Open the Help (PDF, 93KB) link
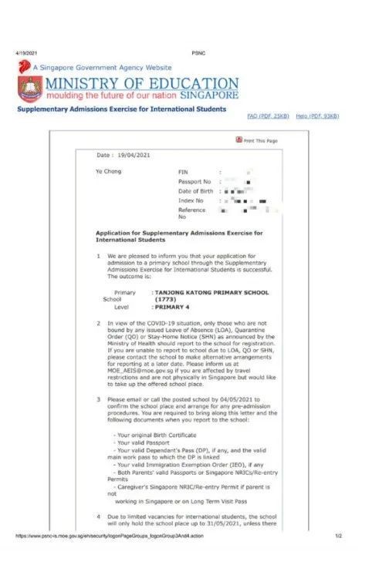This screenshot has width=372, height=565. point(317,116)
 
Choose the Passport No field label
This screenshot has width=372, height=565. point(194,181)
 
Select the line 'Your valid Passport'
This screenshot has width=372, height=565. point(137,444)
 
